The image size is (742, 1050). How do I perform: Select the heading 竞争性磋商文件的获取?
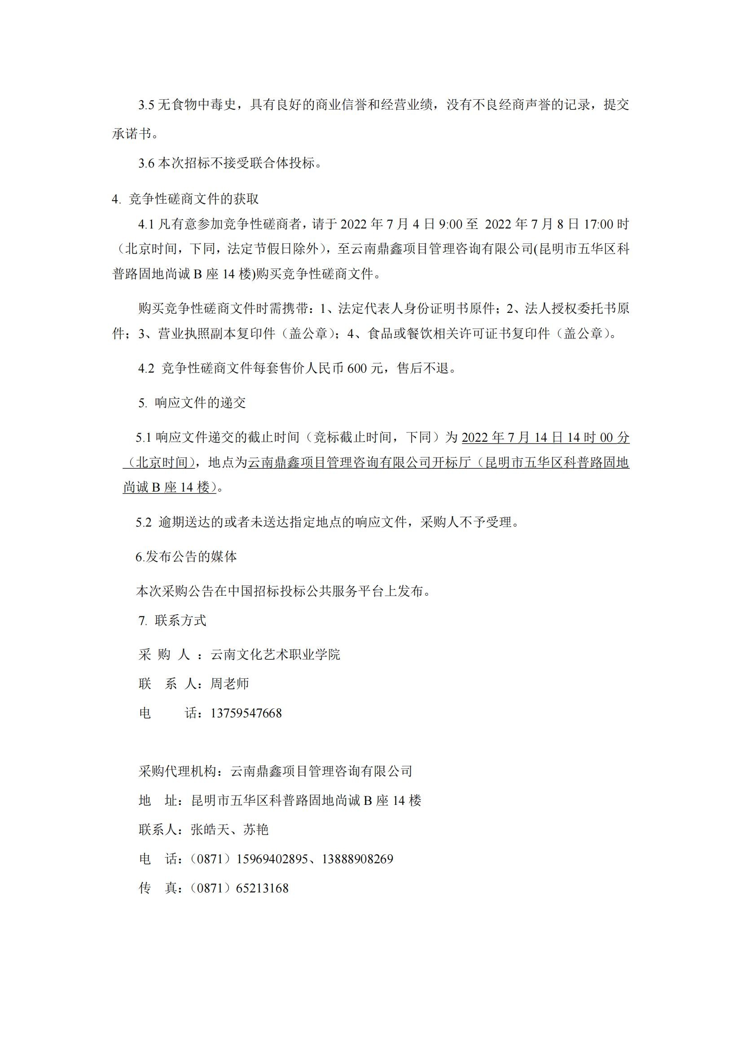(194, 199)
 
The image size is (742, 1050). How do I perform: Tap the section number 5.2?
(143, 522)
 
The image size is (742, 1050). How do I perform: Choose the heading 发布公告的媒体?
(191, 557)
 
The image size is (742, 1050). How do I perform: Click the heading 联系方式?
(180, 620)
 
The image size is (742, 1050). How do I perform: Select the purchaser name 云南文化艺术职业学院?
(275, 655)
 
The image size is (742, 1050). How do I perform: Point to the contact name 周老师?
(229, 684)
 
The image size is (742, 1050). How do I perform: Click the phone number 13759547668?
(246, 713)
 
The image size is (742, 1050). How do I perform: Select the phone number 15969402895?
(272, 859)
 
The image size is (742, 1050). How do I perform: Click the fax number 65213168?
(262, 888)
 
